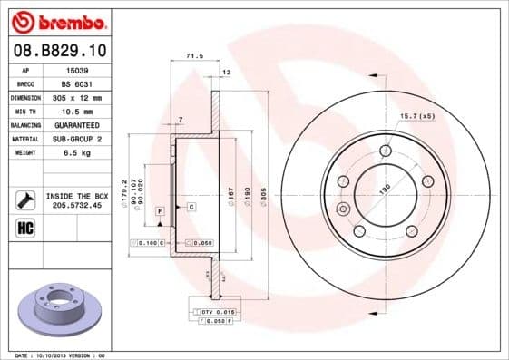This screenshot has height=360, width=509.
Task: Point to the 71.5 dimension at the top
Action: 193,56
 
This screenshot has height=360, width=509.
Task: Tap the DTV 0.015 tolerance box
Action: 210,312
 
